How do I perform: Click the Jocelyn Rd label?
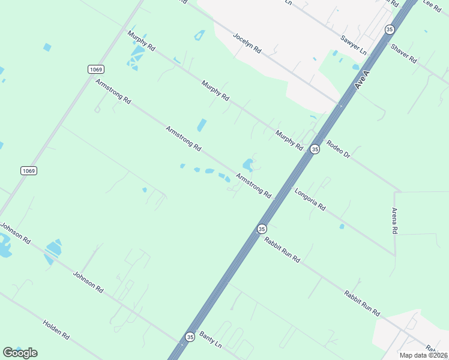click(247, 43)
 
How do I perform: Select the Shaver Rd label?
click(403, 54)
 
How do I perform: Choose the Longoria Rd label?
click(310, 199)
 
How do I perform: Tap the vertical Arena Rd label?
click(394, 221)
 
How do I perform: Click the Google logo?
click(20, 352)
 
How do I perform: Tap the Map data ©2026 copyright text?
click(423, 355)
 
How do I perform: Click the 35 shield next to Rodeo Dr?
click(315, 149)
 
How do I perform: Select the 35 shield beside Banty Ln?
click(190, 337)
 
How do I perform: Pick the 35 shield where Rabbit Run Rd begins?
click(261, 229)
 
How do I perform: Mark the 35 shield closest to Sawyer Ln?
click(390, 29)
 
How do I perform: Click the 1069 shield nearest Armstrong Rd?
click(95, 70)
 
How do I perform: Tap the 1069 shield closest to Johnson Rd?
click(29, 171)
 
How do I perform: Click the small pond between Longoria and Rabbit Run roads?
click(342, 226)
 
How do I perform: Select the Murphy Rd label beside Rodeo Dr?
click(289, 140)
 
